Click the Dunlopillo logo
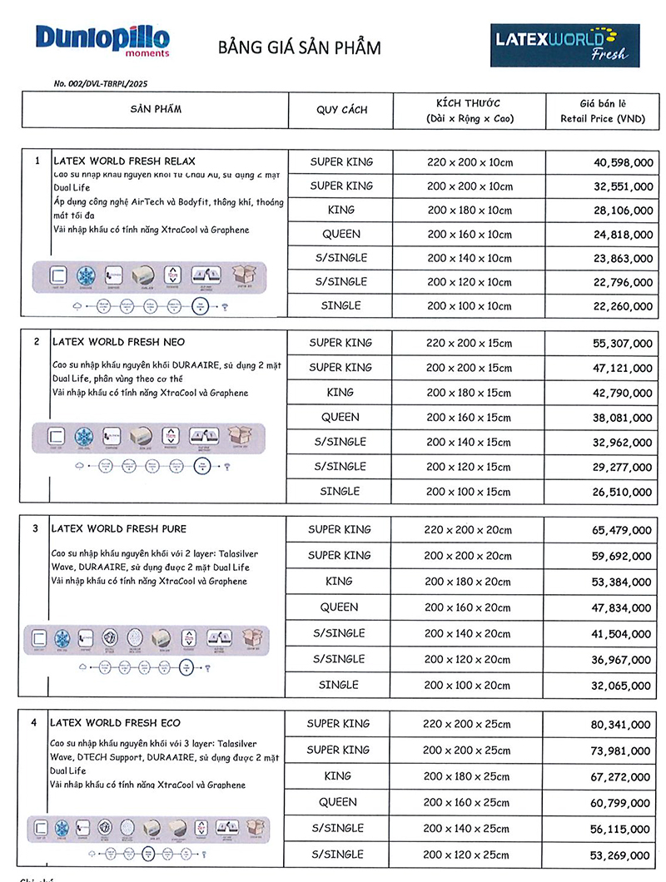pos(102,39)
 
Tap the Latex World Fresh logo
pos(564,44)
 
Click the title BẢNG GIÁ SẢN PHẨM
pos(300,47)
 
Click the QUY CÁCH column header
pos(341,110)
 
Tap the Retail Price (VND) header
pos(603,119)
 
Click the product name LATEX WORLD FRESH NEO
pos(119,342)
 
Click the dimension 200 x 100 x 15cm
pos(468,492)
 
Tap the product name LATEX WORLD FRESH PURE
pos(119,528)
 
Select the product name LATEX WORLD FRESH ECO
pos(116,723)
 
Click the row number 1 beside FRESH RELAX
pos(37,161)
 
